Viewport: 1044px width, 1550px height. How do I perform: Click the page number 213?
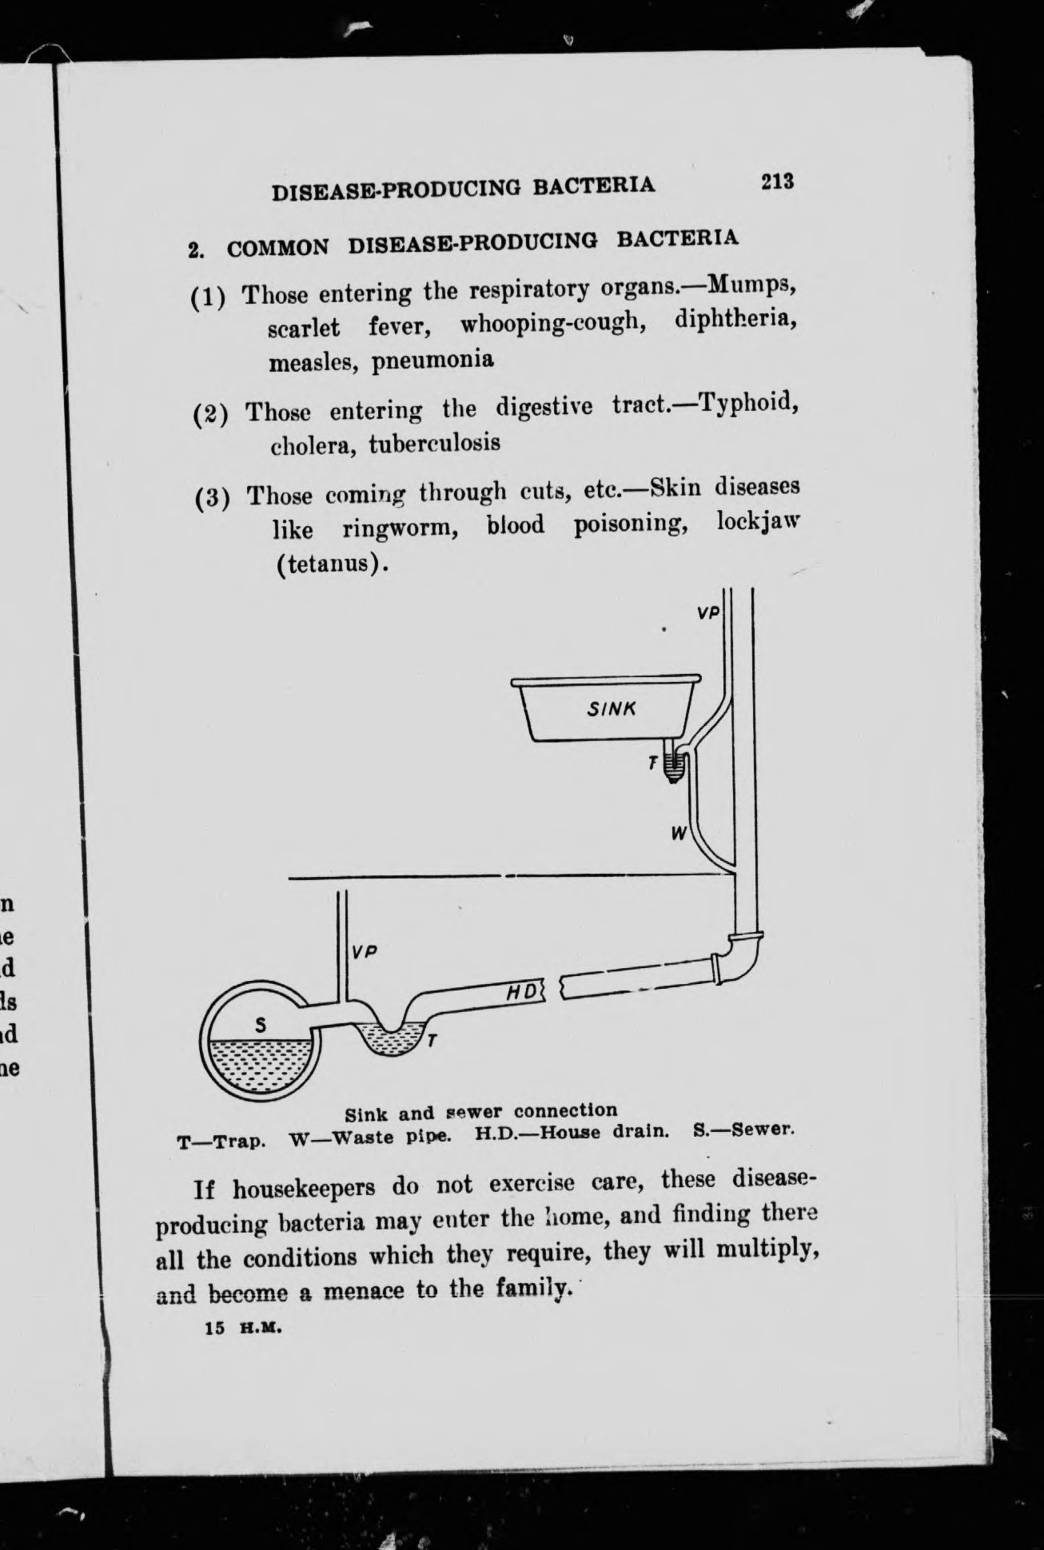(777, 181)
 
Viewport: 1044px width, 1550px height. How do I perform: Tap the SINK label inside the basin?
(612, 707)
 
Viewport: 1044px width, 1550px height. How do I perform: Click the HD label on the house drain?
(524, 992)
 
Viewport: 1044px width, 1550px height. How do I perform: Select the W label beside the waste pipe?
(679, 834)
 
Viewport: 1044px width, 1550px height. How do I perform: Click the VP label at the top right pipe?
(708, 613)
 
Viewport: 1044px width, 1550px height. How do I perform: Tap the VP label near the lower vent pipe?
(364, 953)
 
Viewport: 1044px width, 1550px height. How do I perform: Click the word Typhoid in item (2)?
(747, 401)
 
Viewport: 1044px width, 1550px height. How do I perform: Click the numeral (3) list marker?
(212, 497)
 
